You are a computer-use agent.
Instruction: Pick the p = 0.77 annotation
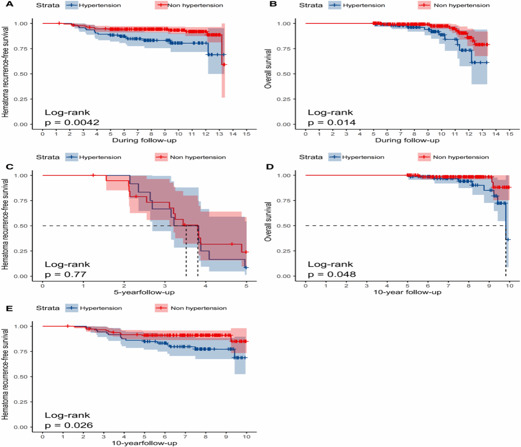pos(65,275)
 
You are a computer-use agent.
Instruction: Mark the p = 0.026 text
pos(69,426)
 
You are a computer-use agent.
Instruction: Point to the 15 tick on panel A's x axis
pos(246,133)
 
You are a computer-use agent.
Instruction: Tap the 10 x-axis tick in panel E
pos(246,436)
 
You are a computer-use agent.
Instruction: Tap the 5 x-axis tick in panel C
pos(246,285)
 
